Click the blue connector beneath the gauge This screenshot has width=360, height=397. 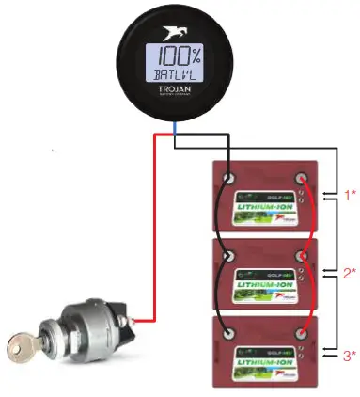(x=177, y=140)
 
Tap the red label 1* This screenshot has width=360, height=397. (x=349, y=196)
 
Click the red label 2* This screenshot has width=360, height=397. (x=349, y=274)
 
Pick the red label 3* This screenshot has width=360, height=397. (x=349, y=355)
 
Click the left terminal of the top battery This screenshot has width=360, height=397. (x=228, y=177)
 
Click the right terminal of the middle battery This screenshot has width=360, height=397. (x=302, y=254)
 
